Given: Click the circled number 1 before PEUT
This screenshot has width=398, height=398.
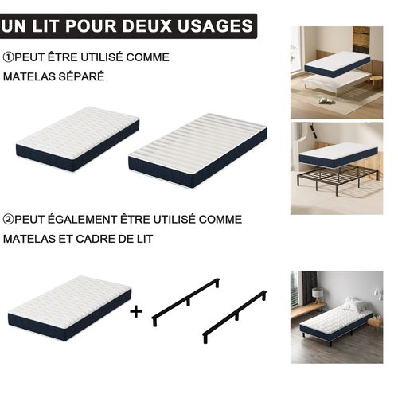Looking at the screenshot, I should (8, 57).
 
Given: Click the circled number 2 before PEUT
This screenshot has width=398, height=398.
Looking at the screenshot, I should (8, 218).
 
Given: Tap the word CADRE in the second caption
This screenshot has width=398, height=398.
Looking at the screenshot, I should (112, 238).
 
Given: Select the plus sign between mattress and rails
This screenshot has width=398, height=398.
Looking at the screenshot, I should (136, 311).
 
